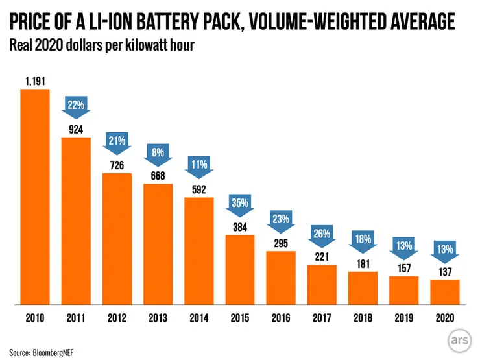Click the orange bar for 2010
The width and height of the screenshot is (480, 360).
[x=35, y=196]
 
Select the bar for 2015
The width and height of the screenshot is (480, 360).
[x=240, y=269]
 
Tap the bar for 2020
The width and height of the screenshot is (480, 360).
[x=445, y=291]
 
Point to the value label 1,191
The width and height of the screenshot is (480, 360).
[x=35, y=81]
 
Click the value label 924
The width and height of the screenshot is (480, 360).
[x=77, y=129]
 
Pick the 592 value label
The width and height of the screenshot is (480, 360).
[x=199, y=189]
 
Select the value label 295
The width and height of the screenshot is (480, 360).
[x=281, y=243]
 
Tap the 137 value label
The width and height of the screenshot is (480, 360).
[x=445, y=272]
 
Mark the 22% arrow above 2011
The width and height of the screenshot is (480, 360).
[x=77, y=105]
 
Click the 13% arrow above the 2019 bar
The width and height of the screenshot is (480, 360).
[x=404, y=247]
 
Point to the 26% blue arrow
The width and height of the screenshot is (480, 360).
[x=322, y=234]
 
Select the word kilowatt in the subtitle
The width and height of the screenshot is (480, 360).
[x=143, y=46]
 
